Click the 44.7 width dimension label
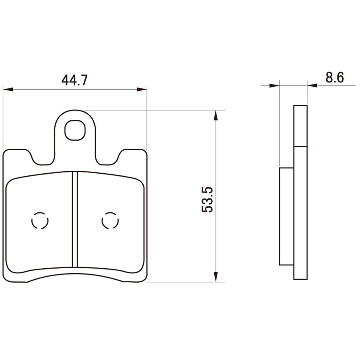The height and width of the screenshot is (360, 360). (75, 80)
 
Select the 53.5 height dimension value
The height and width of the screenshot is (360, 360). (208, 200)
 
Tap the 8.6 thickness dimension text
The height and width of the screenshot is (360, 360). (335, 77)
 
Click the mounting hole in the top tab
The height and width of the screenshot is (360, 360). (75, 130)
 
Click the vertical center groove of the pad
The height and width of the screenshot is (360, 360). (75, 219)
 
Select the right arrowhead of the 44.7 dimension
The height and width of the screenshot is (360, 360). (141, 89)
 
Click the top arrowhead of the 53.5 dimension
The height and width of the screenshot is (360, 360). (215, 115)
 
